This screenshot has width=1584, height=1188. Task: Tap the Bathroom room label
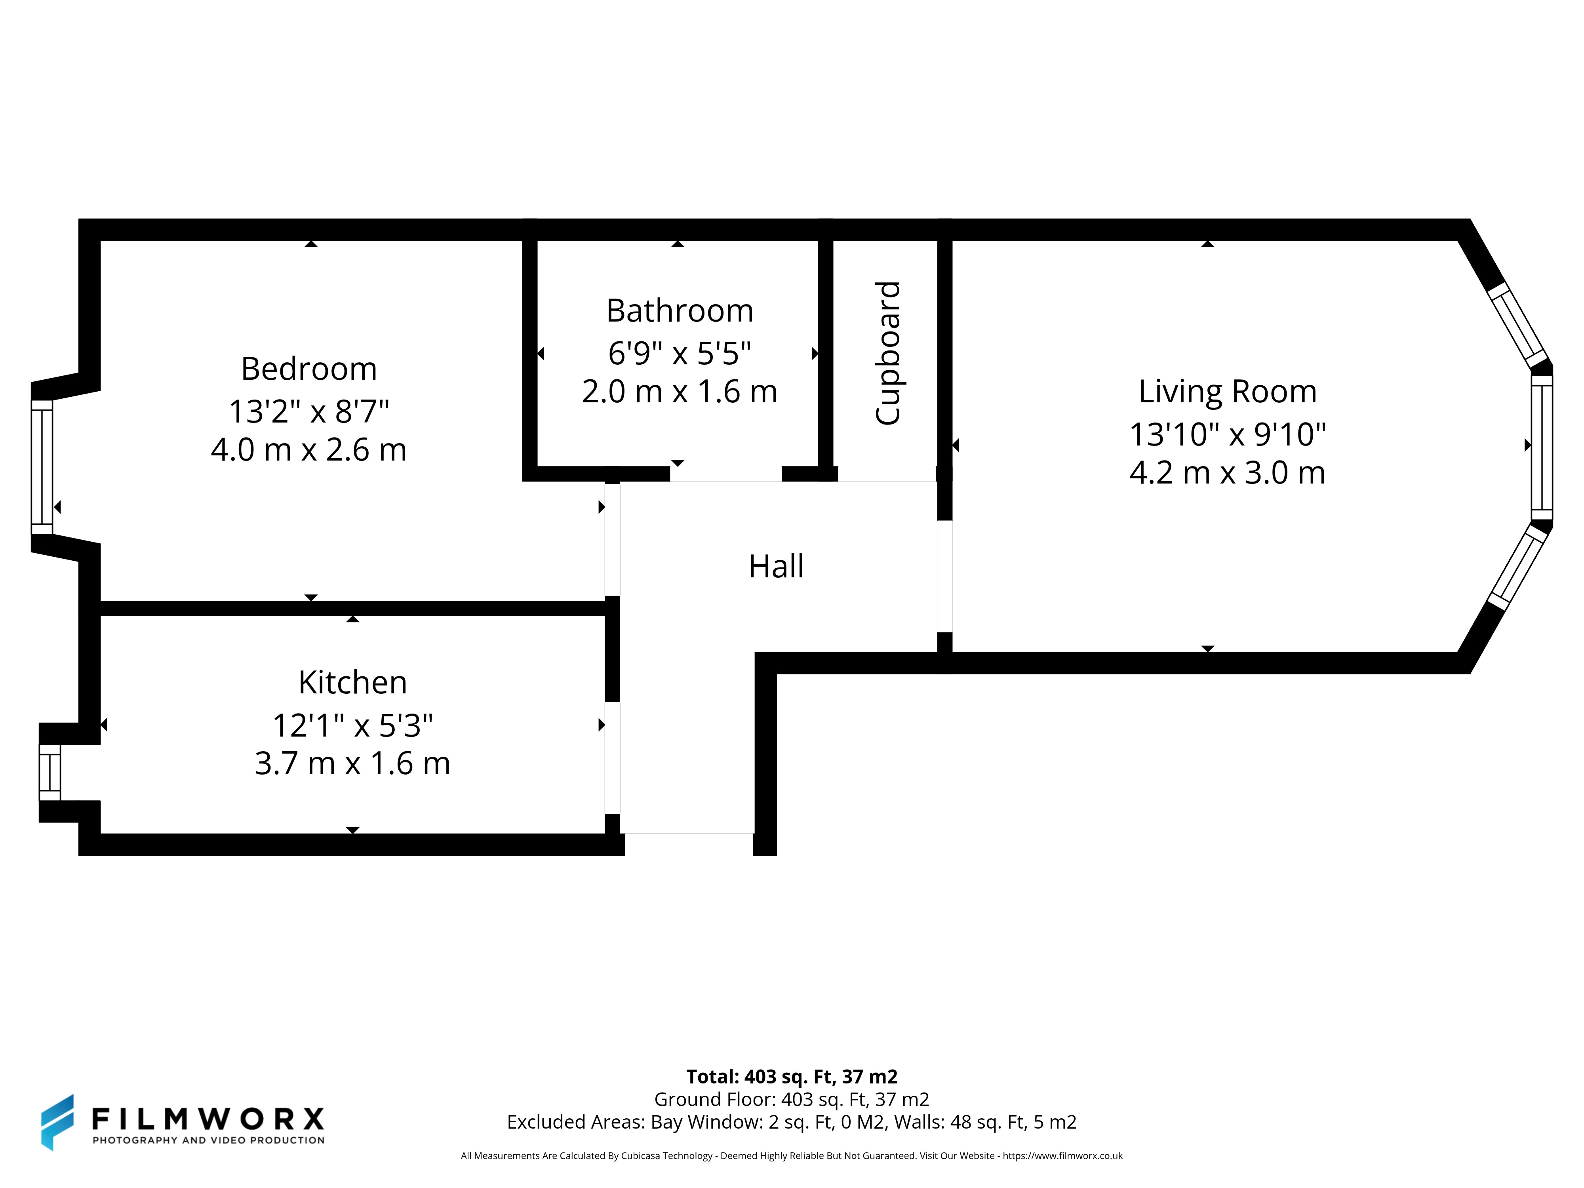point(680,311)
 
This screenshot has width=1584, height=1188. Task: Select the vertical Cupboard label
point(888,353)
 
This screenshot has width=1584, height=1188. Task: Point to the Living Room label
point(1227,392)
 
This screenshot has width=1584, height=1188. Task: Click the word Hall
point(776,566)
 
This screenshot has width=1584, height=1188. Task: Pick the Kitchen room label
point(352,682)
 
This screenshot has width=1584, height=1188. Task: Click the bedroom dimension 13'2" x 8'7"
point(308,411)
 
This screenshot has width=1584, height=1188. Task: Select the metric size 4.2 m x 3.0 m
point(1227,472)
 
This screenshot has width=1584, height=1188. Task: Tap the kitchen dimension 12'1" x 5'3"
point(352,725)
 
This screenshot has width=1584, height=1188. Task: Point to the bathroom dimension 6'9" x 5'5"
point(680,353)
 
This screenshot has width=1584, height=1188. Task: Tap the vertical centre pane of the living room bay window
point(1542,447)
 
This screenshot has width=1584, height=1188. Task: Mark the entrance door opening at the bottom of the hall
point(689,844)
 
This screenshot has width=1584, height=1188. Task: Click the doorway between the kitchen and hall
point(612,758)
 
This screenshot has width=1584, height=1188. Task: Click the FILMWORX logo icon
point(57,1122)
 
